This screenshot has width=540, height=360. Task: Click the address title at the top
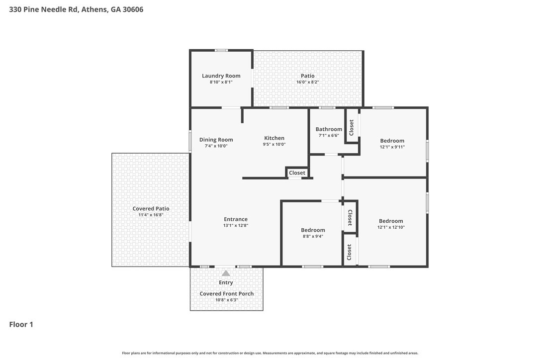[x=76, y=9]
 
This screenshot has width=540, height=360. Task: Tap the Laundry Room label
[x=221, y=76]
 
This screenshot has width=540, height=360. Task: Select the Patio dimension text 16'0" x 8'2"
[x=307, y=82]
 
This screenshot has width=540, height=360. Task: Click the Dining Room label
[x=216, y=140]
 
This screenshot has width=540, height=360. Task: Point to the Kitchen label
[x=274, y=138]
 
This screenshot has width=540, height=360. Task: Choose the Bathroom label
[x=329, y=129]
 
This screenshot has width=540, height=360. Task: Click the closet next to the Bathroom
[x=352, y=127]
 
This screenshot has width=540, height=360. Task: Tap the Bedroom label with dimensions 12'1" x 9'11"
[x=392, y=141]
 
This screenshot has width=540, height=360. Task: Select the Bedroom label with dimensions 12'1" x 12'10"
[x=391, y=221]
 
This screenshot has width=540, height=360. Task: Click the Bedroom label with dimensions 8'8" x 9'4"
[x=313, y=230]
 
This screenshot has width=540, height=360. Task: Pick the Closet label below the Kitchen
[x=297, y=173]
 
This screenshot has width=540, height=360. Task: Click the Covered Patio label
[x=151, y=209]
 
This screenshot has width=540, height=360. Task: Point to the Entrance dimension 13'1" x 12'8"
[x=235, y=225]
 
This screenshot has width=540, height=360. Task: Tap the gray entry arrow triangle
[x=226, y=273]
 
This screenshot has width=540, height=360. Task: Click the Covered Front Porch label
[x=226, y=294]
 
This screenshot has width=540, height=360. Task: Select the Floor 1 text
[x=21, y=325]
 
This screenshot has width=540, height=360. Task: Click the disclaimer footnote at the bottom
[x=270, y=353]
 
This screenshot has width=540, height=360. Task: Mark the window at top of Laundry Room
[x=221, y=50]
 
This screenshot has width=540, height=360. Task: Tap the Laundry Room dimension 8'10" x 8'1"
[x=221, y=82]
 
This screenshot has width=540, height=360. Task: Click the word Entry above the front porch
[x=226, y=282]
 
